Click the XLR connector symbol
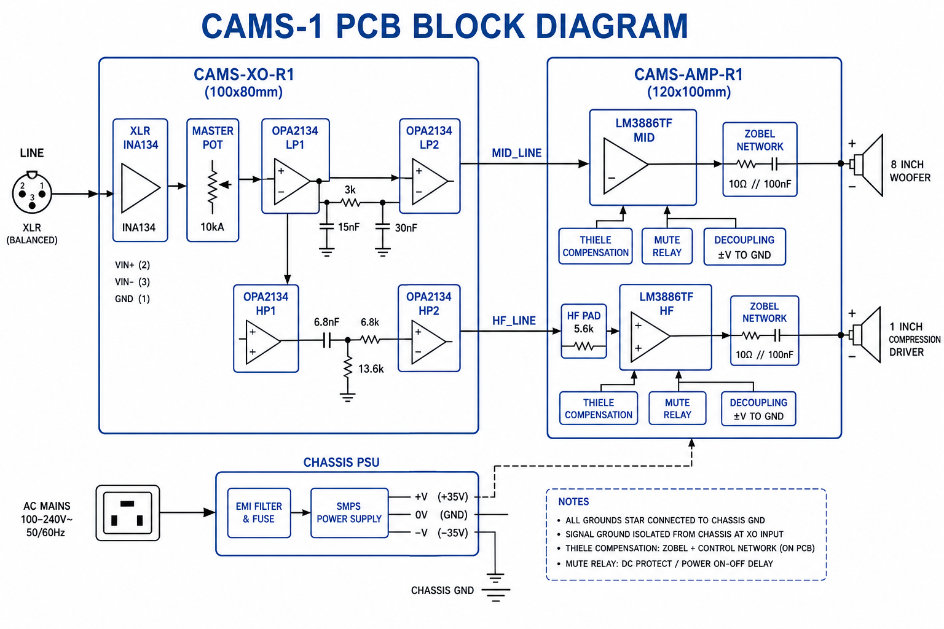point(32,193)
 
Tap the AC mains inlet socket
point(128,513)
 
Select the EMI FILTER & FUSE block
point(259,513)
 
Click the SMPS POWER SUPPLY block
point(349,513)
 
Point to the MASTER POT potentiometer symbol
point(214,187)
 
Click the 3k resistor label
point(350,190)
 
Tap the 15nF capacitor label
point(348,227)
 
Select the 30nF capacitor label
point(406,228)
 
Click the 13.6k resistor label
point(371,369)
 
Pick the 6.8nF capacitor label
point(326,322)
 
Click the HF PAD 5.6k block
point(584,331)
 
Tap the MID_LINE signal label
point(517,153)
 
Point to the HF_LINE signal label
point(514,321)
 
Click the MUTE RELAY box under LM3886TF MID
point(667,246)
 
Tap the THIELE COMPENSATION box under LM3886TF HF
point(599,408)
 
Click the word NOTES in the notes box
point(573,501)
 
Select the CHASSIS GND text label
point(442,590)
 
